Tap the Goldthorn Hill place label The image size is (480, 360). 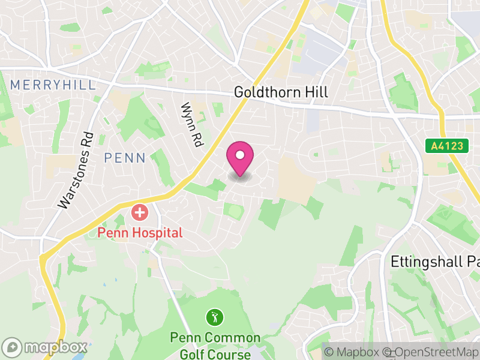coord(281,92)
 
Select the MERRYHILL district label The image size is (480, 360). coord(53,85)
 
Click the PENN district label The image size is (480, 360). coord(125,158)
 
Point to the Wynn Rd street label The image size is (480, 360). coord(191,125)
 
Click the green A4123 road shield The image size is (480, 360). coord(447,146)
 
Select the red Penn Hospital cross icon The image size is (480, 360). coord(140,212)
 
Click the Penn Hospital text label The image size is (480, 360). coord(140,232)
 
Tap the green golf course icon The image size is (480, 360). coord(214,316)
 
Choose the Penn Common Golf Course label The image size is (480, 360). coord(215,345)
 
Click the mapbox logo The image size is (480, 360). coord(45,347)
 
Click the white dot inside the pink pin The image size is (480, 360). coord(240,155)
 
